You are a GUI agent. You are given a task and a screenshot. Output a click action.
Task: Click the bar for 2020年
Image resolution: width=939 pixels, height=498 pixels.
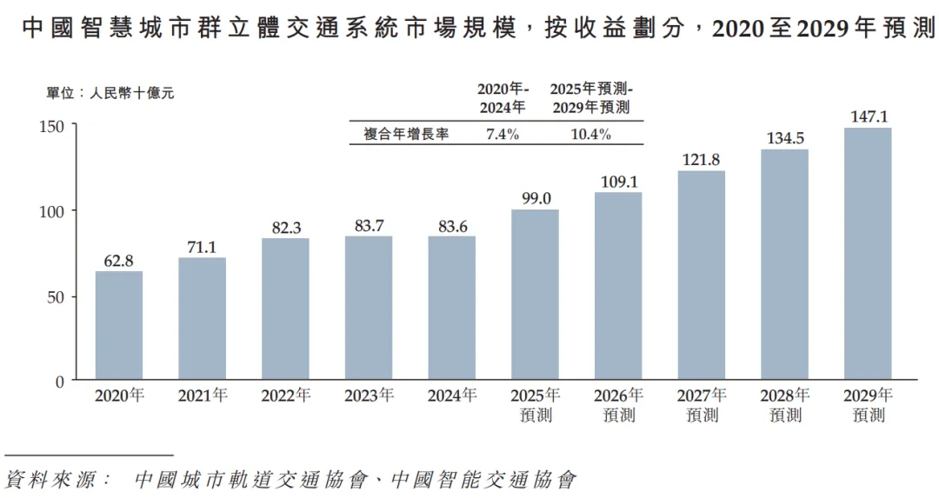tap(119, 326)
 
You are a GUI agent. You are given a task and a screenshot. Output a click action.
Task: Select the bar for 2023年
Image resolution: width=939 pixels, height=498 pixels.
tap(369, 308)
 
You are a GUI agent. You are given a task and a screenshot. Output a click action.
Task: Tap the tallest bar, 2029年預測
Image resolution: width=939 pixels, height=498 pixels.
tap(868, 254)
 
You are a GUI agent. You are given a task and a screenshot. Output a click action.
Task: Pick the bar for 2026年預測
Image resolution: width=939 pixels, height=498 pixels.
tap(618, 286)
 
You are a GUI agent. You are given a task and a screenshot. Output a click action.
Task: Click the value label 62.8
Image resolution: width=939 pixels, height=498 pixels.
tap(119, 259)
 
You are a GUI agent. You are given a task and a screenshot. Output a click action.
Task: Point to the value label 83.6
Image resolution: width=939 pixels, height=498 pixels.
tap(452, 224)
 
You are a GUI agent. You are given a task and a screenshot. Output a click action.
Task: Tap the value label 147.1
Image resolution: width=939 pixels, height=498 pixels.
tap(868, 116)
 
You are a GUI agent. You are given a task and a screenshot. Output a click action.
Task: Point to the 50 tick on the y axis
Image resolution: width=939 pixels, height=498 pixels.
tap(56, 296)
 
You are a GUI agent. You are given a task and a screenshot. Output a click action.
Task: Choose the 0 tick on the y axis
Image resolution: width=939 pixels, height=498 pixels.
tap(60, 381)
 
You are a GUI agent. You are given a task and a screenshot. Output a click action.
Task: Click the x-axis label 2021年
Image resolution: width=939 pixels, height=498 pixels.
tap(203, 395)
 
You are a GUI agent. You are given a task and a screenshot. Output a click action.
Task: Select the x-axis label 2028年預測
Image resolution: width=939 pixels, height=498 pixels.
tap(785, 404)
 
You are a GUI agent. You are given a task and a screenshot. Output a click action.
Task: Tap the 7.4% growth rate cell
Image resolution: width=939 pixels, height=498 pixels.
tap(502, 134)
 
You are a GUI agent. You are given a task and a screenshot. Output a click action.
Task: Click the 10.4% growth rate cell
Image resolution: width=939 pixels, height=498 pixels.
tap(591, 134)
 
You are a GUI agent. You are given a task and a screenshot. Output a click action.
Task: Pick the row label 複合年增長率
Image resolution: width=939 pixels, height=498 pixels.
tap(406, 134)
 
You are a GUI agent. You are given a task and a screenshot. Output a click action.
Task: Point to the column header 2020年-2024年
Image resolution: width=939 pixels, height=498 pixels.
tap(502, 98)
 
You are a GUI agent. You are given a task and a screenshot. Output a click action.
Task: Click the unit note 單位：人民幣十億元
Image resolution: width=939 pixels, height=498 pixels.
tap(110, 93)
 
